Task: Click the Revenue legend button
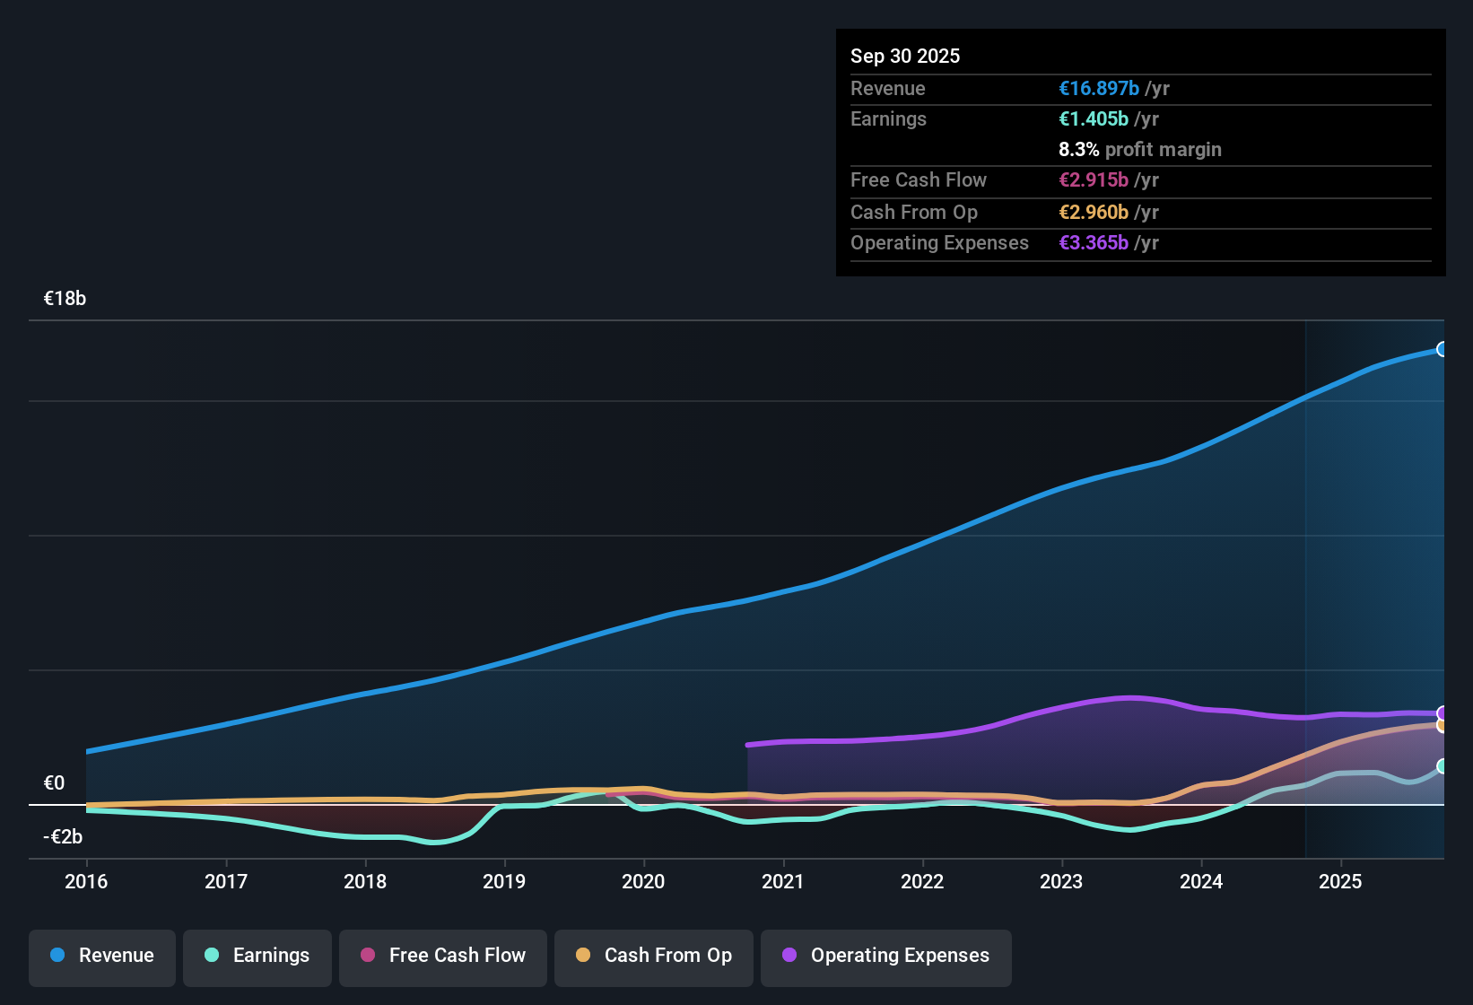[x=102, y=957]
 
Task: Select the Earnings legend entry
[x=257, y=957]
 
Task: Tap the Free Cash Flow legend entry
[x=443, y=957]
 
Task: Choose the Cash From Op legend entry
[x=654, y=957]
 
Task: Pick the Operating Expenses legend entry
[x=886, y=957]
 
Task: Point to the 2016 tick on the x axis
[x=86, y=881]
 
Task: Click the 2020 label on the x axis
[x=643, y=881]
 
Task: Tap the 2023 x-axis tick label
[x=1061, y=881]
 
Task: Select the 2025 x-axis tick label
[x=1340, y=881]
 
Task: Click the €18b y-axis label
[x=65, y=299]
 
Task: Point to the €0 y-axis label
[x=54, y=783]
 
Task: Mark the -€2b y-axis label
[x=63, y=837]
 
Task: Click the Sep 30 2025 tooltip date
[x=904, y=56]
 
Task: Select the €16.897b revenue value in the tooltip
[x=1099, y=88]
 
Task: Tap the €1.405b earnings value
[x=1094, y=118]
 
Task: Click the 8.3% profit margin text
[x=1139, y=149]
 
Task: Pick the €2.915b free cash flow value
[x=1094, y=179]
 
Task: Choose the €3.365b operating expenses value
[x=1094, y=242]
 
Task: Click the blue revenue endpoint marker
[x=1442, y=349]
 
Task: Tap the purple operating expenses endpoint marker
[x=1442, y=713]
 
